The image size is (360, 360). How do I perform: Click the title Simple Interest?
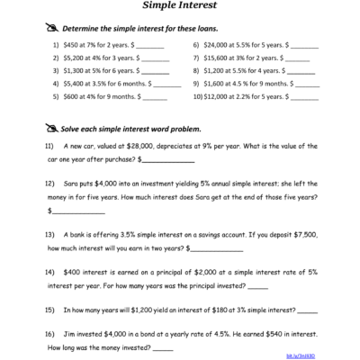click(179, 4)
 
